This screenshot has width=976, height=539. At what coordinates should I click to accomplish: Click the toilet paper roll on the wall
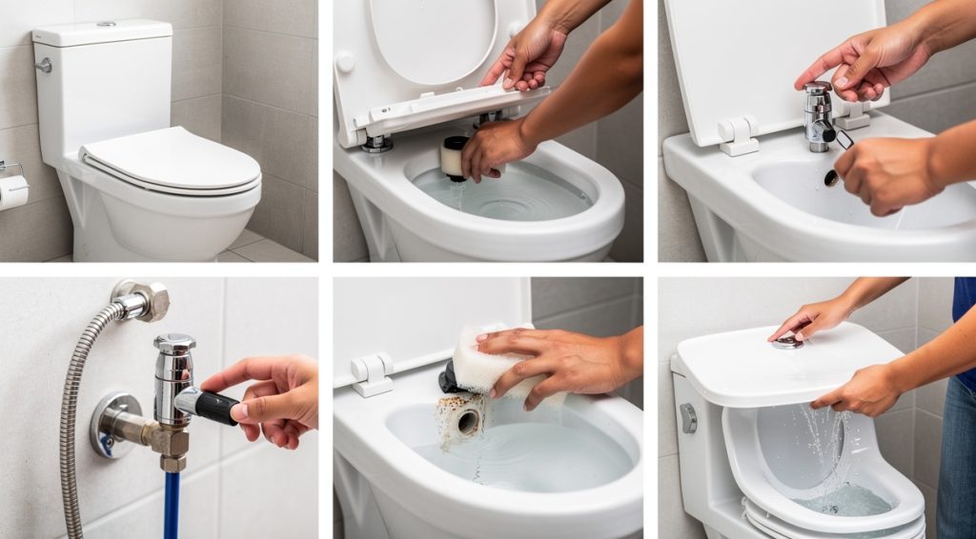[x=13, y=191]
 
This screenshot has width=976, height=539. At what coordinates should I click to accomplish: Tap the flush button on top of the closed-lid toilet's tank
[x=105, y=23]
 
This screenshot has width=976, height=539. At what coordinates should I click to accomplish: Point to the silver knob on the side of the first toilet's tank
[x=43, y=66]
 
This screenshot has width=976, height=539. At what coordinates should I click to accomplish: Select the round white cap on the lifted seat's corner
[x=344, y=63]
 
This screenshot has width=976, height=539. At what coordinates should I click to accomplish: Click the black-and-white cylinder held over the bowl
[x=455, y=156]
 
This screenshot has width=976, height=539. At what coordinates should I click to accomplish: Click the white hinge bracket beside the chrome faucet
[x=739, y=134]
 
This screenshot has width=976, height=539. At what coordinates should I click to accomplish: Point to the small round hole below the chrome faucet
[x=831, y=178]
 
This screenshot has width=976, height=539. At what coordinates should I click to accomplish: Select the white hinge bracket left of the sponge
[x=373, y=373]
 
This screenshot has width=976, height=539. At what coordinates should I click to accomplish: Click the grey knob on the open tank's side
[x=688, y=418]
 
